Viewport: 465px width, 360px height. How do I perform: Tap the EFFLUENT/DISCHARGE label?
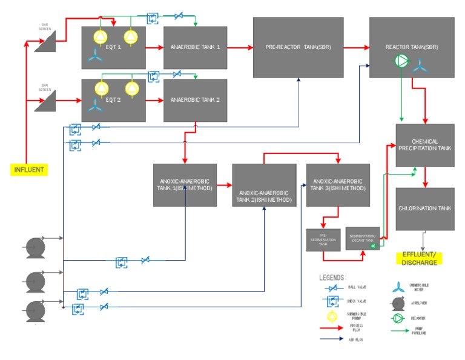[418, 258]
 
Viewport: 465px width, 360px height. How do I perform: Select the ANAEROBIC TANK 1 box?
[195, 48]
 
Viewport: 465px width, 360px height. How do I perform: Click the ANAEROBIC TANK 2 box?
[195, 100]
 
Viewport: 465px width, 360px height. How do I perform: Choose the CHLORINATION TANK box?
[424, 208]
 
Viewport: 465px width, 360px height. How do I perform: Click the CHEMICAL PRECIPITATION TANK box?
[424, 145]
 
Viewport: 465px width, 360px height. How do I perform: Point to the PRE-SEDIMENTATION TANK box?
[323, 239]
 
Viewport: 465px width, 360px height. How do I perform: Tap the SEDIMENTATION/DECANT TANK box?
[362, 239]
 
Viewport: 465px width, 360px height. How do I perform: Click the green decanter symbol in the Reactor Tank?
[401, 61]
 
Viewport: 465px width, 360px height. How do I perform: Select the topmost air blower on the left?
[34, 247]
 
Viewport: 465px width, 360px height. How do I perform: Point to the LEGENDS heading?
[334, 277]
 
